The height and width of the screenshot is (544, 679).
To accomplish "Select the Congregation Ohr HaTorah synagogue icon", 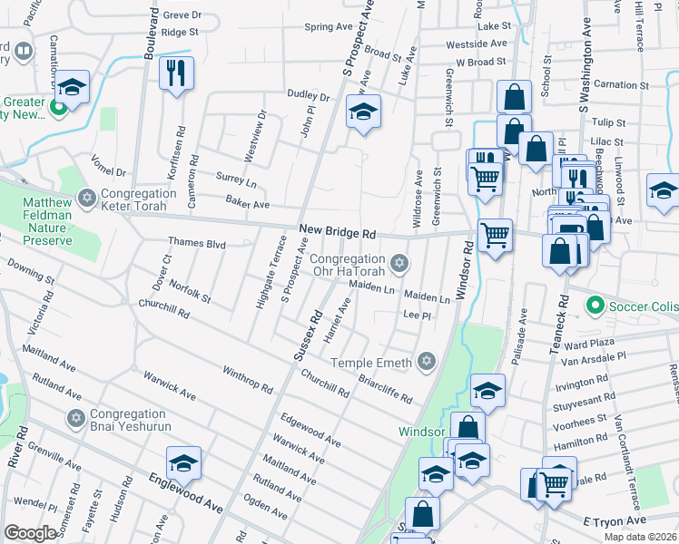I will point(398,264).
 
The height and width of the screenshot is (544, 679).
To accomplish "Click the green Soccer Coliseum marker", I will point(595,306).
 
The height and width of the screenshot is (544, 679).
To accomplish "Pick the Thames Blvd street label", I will point(197,243).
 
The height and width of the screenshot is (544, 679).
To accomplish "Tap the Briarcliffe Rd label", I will point(385,390).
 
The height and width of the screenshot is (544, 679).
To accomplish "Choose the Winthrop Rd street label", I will point(248,379).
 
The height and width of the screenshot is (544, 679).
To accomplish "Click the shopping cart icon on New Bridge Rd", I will point(495,236).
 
